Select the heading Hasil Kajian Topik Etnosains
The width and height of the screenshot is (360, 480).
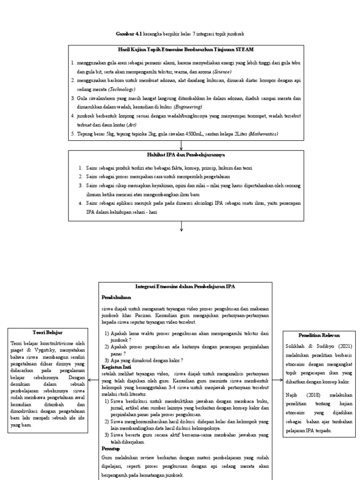coord(180,49)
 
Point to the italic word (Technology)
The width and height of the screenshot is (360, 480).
coord(121,89)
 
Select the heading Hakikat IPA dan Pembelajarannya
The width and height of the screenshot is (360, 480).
coord(180,154)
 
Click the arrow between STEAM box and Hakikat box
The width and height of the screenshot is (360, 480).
coord(181,145)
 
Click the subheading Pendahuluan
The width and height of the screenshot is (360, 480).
coord(116,297)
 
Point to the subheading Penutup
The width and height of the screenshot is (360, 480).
coord(110,449)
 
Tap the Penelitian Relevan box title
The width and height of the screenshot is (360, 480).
coord(319,336)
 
